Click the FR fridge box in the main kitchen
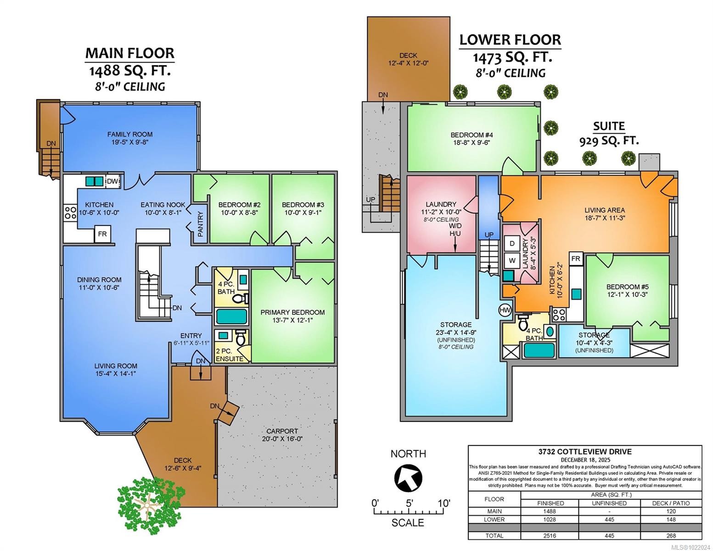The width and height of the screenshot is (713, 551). click(x=102, y=234)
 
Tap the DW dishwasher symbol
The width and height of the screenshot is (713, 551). click(x=113, y=182)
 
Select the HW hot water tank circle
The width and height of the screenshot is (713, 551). click(x=505, y=310)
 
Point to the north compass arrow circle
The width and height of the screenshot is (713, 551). click(x=408, y=478)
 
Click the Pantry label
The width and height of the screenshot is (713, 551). click(x=200, y=224)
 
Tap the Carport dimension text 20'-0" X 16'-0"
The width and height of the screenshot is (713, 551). click(x=282, y=439)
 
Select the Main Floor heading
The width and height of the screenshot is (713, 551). click(x=130, y=53)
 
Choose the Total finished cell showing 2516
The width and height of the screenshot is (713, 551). click(x=550, y=535)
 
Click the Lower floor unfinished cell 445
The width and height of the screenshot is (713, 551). click(x=609, y=519)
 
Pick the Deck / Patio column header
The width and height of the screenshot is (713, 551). click(x=671, y=503)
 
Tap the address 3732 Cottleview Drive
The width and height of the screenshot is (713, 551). click(x=585, y=452)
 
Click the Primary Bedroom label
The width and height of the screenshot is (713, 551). click(x=292, y=312)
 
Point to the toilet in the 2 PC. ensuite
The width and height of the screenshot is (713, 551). click(x=240, y=339)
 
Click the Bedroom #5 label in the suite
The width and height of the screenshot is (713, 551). click(x=627, y=287)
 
